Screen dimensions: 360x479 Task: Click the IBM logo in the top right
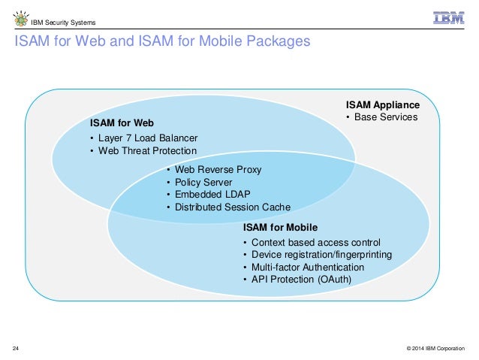tap(448, 18)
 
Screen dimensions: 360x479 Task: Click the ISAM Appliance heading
tap(382, 104)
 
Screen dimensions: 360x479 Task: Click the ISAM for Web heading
tap(122, 123)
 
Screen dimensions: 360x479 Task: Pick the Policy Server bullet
tap(203, 183)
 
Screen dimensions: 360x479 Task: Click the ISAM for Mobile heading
tap(280, 227)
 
